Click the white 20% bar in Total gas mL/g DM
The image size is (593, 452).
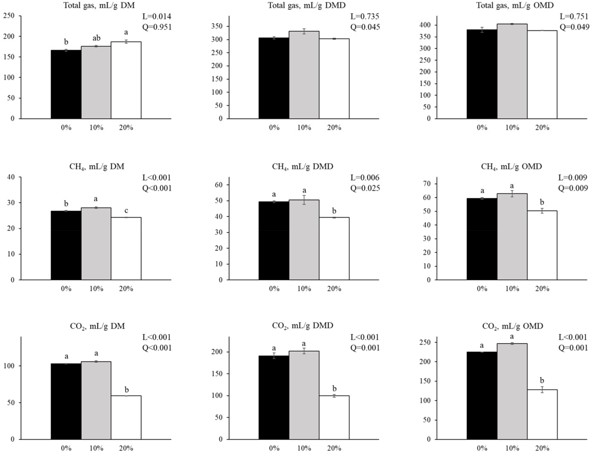coord(126,80)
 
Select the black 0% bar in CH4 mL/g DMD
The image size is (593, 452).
coord(274,240)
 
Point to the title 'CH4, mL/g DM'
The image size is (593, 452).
coord(97,166)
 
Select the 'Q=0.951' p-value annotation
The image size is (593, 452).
coord(157,27)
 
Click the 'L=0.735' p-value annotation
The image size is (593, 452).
coord(365,16)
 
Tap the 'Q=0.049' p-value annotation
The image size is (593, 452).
coord(574,27)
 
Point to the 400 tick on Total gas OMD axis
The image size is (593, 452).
coord(426,25)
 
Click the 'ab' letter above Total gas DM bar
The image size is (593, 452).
coord(96,38)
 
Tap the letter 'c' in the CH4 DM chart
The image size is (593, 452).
coord(126,211)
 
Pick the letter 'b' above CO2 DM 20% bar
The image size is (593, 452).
coord(127,390)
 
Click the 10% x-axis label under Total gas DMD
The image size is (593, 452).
coord(304,127)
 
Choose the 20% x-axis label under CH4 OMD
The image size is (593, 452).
coord(542,289)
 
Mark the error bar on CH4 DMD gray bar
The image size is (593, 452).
coord(304,200)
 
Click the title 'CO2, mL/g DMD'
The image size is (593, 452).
coord(302,326)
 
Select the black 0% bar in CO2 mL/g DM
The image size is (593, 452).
coord(66,401)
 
